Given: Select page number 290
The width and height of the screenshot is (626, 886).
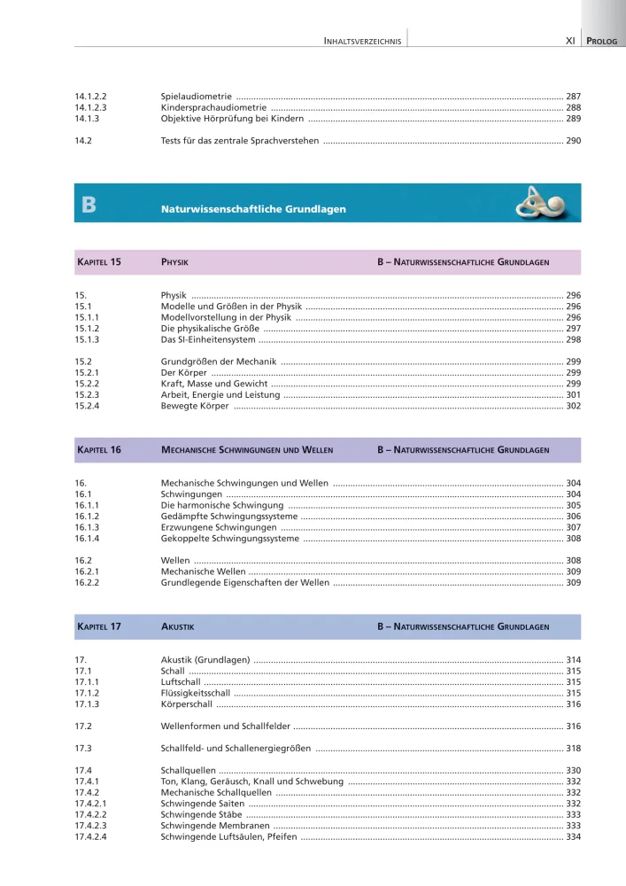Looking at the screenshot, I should pyautogui.click(x=573, y=140).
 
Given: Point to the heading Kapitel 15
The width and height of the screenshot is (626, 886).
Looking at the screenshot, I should pyautogui.click(x=98, y=262).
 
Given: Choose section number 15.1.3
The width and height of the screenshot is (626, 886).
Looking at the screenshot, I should pyautogui.click(x=87, y=340).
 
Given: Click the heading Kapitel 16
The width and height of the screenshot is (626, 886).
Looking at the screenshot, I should pyautogui.click(x=98, y=450).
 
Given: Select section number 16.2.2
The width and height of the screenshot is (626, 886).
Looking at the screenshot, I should pyautogui.click(x=87, y=583).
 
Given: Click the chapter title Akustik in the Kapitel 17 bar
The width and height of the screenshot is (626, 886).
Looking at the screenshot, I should pyautogui.click(x=177, y=626).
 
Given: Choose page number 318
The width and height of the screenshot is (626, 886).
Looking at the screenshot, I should pyautogui.click(x=573, y=749).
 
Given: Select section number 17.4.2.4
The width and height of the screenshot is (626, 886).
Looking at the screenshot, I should pyautogui.click(x=92, y=837).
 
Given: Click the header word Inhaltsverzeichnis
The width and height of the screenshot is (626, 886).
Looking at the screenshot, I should pyautogui.click(x=363, y=41).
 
